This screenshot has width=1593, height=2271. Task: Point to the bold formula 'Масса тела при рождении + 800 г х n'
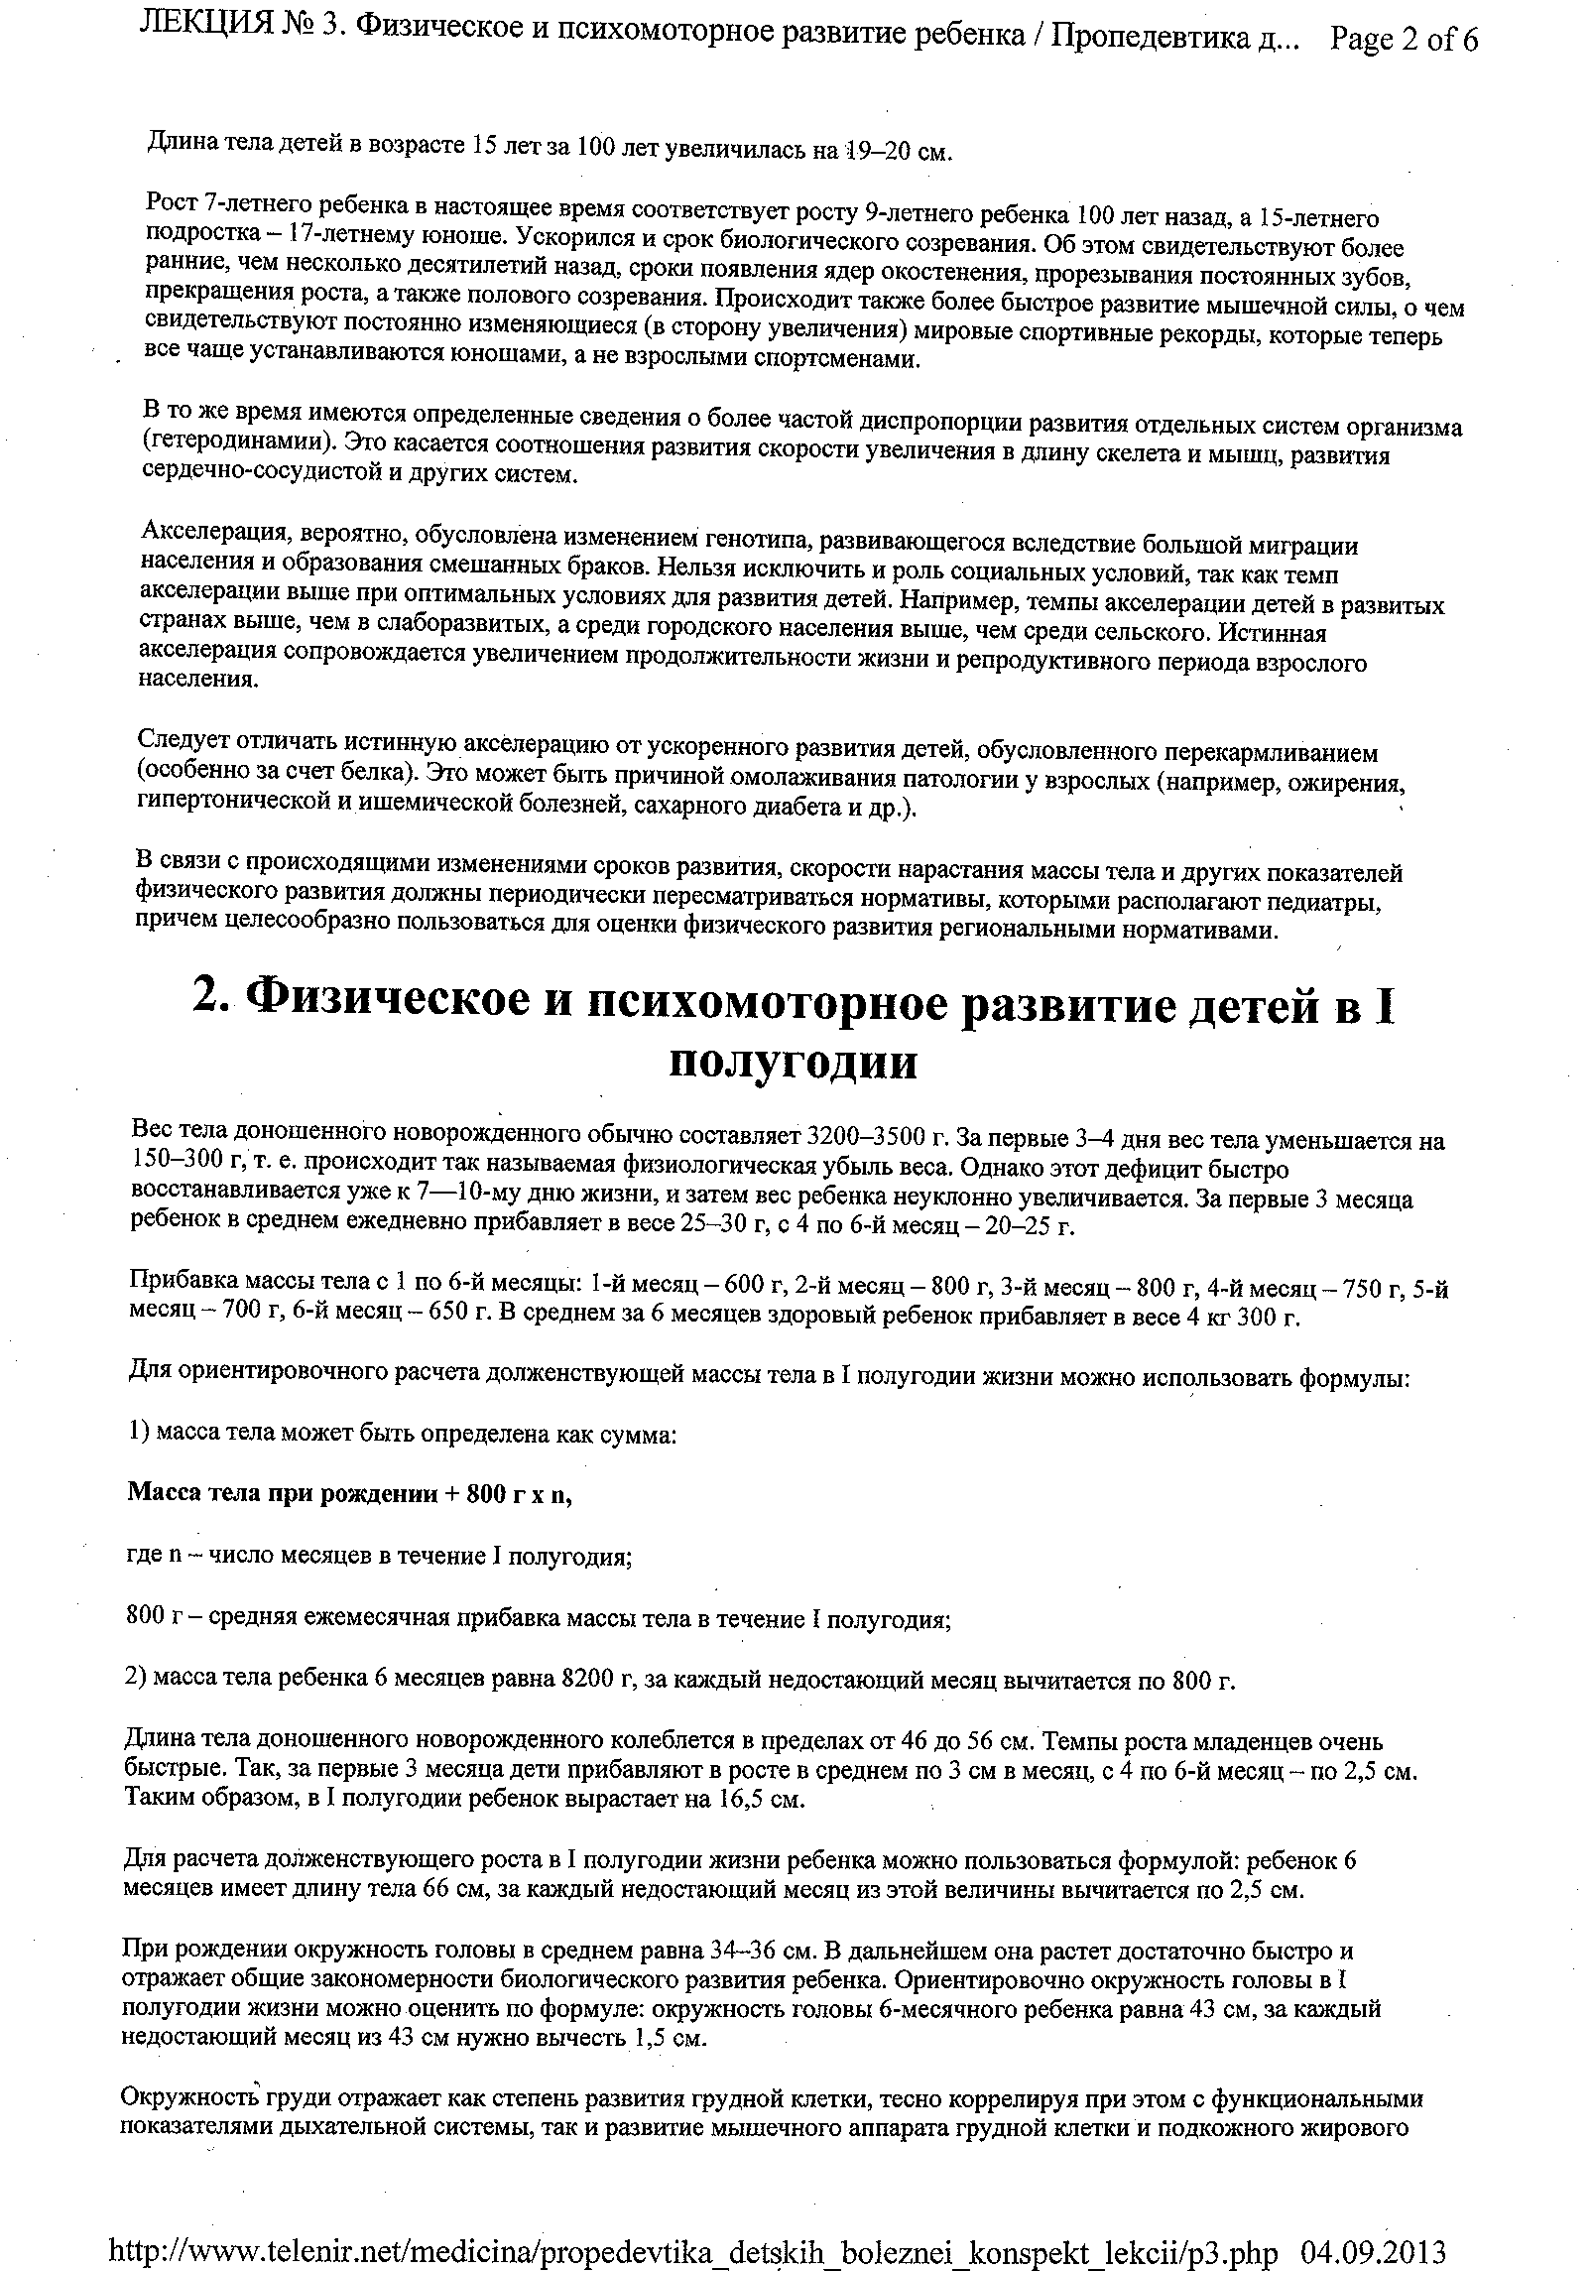point(349,1495)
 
